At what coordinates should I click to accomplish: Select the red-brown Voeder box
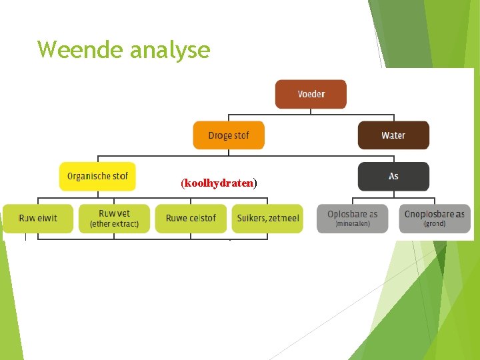click(311, 94)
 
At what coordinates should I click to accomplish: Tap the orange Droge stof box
click(229, 135)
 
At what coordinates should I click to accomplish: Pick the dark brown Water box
click(393, 135)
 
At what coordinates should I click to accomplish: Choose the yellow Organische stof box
click(97, 177)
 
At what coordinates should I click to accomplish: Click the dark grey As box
click(393, 177)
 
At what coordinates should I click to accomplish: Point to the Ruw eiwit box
click(38, 218)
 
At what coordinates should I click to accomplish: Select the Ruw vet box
click(114, 218)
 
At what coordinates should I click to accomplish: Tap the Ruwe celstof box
click(191, 218)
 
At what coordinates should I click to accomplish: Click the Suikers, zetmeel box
click(267, 218)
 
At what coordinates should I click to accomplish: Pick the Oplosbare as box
click(353, 218)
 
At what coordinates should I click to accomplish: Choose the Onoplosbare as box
click(435, 218)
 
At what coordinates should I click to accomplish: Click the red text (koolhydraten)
click(219, 183)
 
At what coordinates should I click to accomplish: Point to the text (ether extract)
click(114, 224)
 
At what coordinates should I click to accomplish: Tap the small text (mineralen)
click(353, 224)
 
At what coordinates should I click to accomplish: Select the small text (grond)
click(435, 224)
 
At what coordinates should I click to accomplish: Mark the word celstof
click(202, 218)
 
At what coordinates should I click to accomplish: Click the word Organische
click(89, 177)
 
